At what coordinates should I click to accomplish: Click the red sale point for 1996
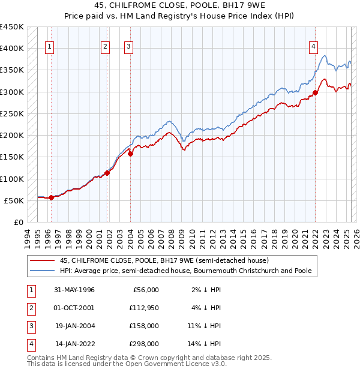pyautogui.click(x=51, y=197)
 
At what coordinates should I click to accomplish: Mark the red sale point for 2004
pyautogui.click(x=130, y=154)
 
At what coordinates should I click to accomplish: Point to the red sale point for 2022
pyautogui.click(x=315, y=93)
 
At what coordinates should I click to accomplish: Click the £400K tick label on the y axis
pyautogui.click(x=12, y=49)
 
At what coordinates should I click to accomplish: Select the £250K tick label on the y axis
pyautogui.click(x=12, y=113)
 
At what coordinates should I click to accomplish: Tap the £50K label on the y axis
pyautogui.click(x=14, y=200)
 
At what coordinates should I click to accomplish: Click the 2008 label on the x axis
pyautogui.click(x=172, y=237)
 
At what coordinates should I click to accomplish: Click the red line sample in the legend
pyautogui.click(x=43, y=261)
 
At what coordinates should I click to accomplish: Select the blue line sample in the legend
pyautogui.click(x=43, y=271)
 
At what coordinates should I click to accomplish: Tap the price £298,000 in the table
pyautogui.click(x=145, y=344)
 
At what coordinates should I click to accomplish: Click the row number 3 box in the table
pyautogui.click(x=30, y=326)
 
